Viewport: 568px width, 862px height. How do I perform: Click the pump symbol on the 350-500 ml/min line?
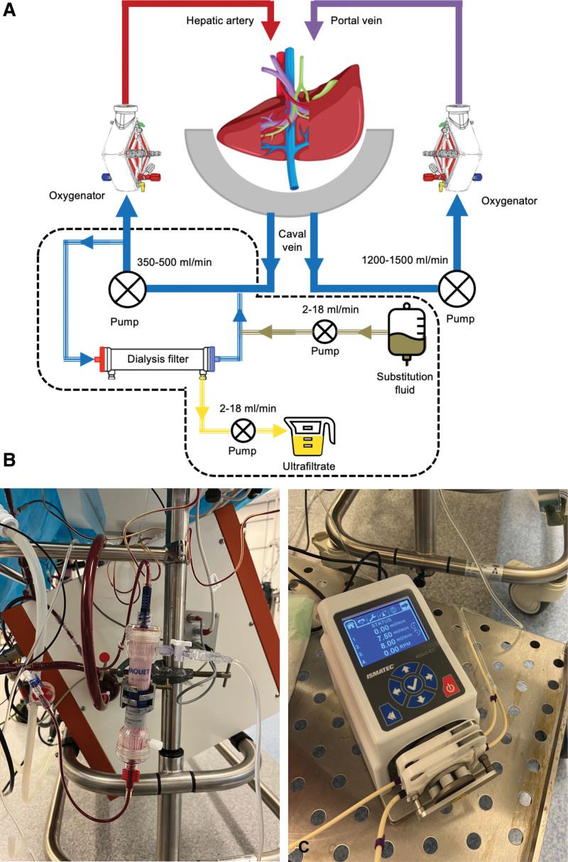tap(127, 290)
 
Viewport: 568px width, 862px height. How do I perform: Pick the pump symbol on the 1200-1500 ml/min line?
tap(457, 290)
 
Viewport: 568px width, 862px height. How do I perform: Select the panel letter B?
tap(9, 460)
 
